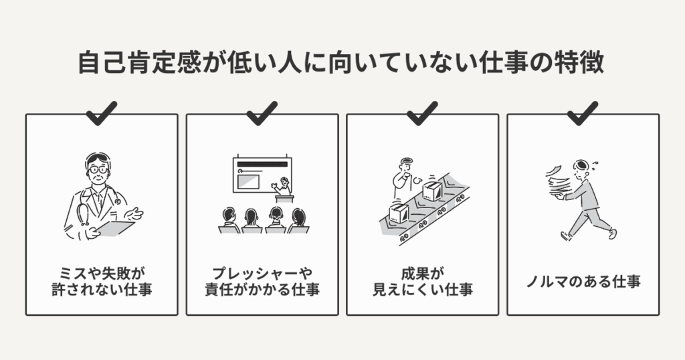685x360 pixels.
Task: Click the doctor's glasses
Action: pos(98,170)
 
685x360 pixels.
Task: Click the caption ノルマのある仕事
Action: pos(583,281)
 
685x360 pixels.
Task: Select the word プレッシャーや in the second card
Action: pos(262,273)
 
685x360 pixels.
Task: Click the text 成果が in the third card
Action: pos(422,273)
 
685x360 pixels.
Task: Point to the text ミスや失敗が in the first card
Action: pos(102,273)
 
